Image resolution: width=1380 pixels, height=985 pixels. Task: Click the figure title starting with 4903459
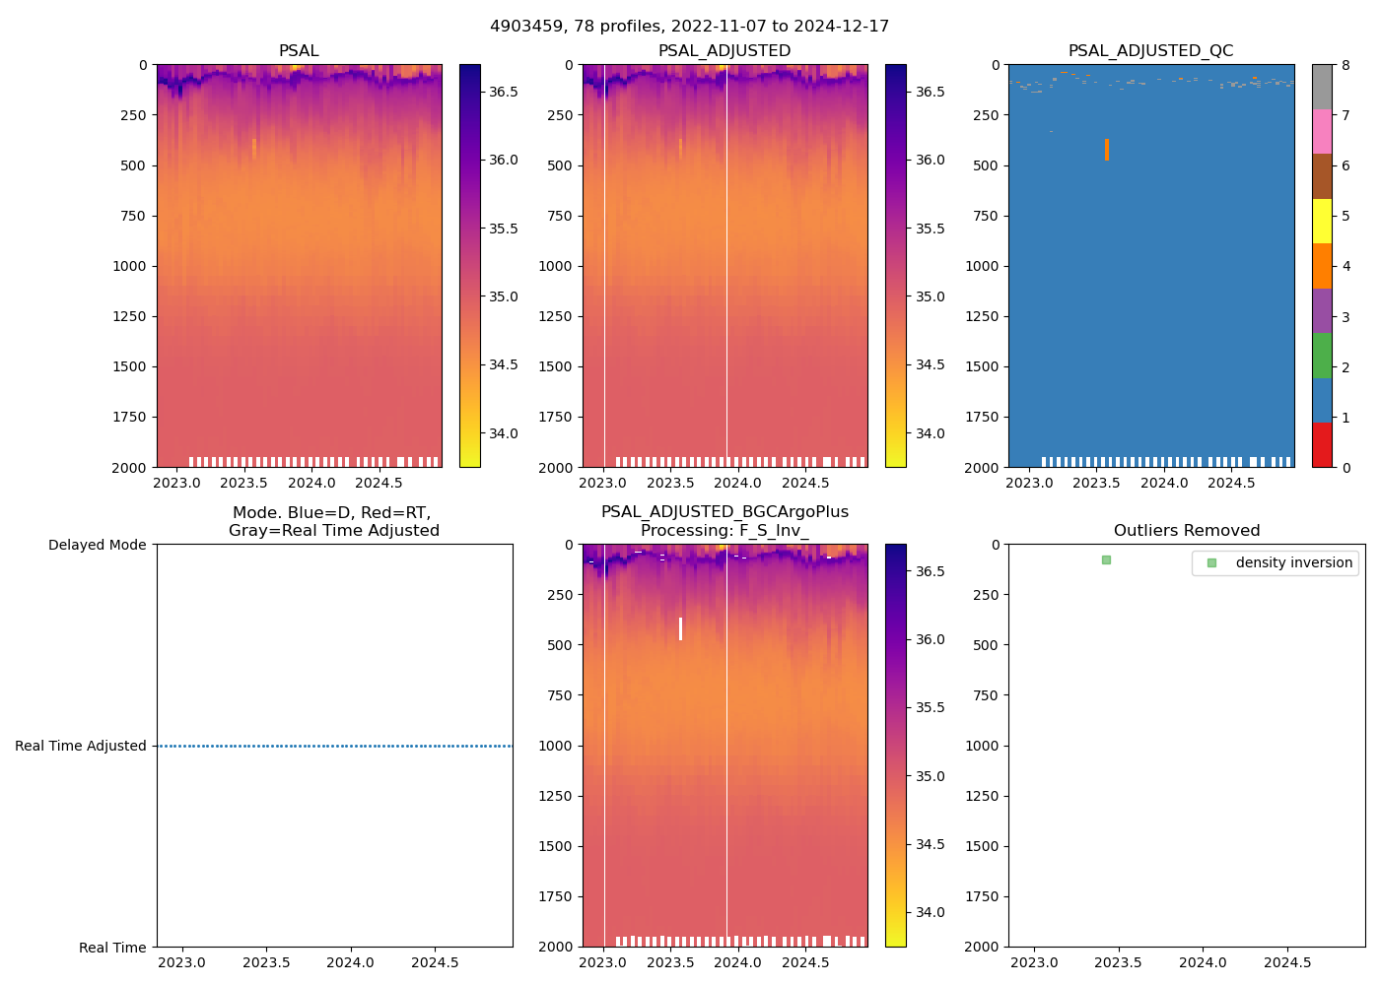coord(689,27)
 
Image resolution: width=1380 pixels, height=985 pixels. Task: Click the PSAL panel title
coord(299,51)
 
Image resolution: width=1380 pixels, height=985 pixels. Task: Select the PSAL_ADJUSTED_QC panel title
coord(1150,51)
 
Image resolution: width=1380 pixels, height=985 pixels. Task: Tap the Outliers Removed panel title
coord(1186,531)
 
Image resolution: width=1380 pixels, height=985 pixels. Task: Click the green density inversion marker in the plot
coord(1106,559)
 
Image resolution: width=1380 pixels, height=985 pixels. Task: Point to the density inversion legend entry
coord(1293,562)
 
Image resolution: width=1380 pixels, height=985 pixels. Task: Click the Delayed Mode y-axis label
coord(97,545)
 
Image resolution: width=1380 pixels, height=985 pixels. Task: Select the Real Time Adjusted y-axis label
coord(81,746)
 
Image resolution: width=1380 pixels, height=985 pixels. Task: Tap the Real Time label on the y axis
coord(112,948)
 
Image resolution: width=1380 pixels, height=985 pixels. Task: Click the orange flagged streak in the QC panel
coord(1107,150)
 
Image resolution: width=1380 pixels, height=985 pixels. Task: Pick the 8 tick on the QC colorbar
coord(1345,65)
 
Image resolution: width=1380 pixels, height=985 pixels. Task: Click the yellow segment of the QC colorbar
coord(1322,221)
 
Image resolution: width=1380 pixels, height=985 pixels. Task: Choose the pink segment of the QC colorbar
coord(1322,131)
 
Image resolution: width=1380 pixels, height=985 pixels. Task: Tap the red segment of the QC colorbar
coord(1322,444)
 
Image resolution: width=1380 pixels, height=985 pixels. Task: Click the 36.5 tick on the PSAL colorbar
coord(504,92)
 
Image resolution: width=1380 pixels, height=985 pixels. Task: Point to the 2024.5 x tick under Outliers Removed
coord(1287,962)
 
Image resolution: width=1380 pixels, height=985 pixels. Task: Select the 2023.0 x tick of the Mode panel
coord(181,962)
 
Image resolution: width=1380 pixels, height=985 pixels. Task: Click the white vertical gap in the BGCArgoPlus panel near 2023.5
coord(680,628)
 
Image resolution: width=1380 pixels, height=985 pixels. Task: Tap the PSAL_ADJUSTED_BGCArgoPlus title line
coord(724,512)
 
